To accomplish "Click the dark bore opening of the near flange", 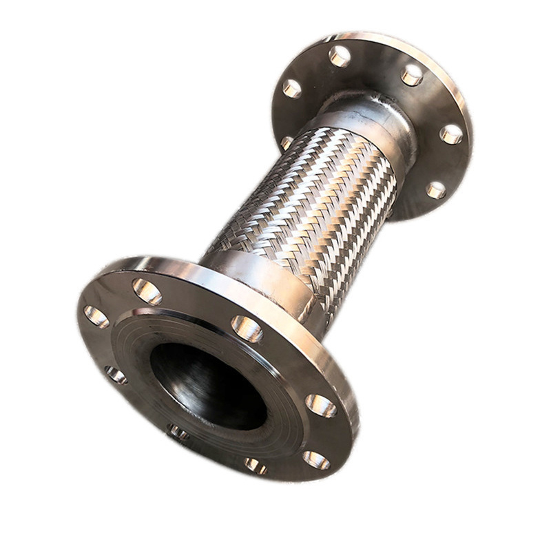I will click(x=207, y=386).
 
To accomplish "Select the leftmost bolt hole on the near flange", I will click(x=96, y=316).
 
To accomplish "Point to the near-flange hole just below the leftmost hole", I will click(x=115, y=375).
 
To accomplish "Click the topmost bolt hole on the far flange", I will click(x=339, y=56).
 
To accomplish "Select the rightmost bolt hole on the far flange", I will click(x=451, y=134).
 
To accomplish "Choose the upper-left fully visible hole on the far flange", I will click(x=291, y=88).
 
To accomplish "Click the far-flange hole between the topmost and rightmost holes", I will click(x=412, y=74).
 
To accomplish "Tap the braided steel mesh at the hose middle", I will click(x=310, y=200).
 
